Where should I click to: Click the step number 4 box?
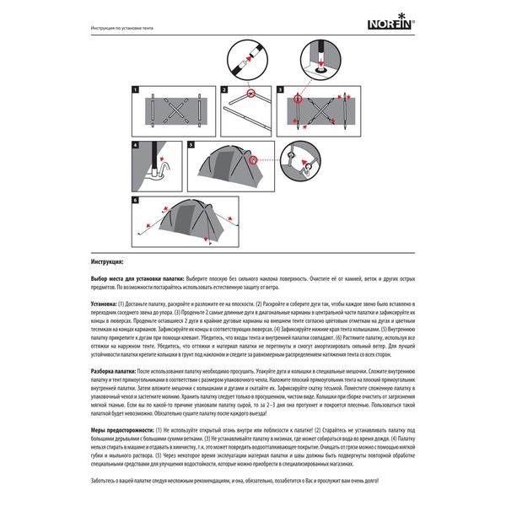(x=135, y=145)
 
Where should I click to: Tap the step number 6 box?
(x=135, y=201)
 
